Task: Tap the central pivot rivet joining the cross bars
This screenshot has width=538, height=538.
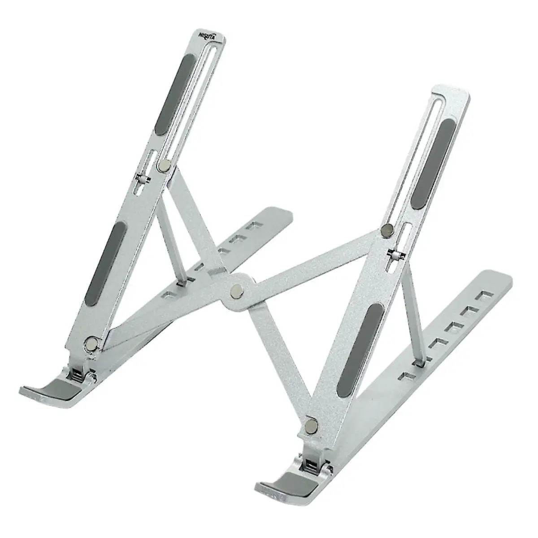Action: [x=237, y=290]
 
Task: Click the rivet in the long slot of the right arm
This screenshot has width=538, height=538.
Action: [x=387, y=230]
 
